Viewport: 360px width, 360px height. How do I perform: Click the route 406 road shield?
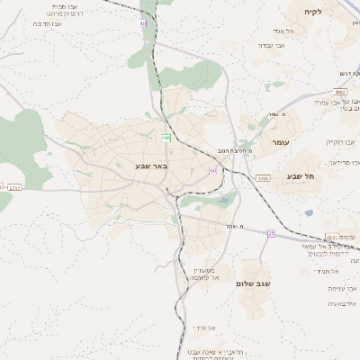click(x=166, y=137)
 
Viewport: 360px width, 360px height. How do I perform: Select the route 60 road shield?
click(x=212, y=169)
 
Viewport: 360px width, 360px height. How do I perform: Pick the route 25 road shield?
click(x=271, y=233)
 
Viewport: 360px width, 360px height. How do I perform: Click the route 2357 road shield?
click(x=14, y=187)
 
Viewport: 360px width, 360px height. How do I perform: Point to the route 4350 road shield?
click(x=262, y=179)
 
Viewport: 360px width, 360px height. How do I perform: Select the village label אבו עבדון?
click(x=259, y=45)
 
